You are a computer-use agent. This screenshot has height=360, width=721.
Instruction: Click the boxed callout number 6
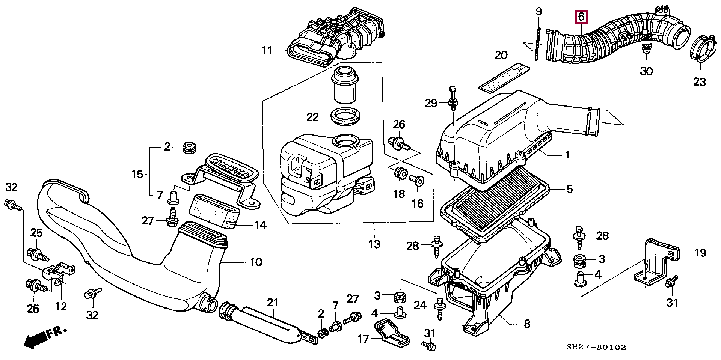(581, 17)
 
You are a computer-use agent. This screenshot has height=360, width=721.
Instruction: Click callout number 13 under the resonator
(374, 244)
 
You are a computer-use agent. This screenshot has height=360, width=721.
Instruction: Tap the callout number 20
(501, 55)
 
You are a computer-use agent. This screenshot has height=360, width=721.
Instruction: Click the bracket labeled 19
(657, 263)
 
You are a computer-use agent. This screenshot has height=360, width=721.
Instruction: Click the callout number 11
(267, 50)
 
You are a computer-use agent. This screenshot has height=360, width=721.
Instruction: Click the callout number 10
(256, 262)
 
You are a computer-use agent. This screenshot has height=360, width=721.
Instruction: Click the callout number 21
(273, 302)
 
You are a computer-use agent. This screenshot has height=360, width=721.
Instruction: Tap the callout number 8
(527, 324)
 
